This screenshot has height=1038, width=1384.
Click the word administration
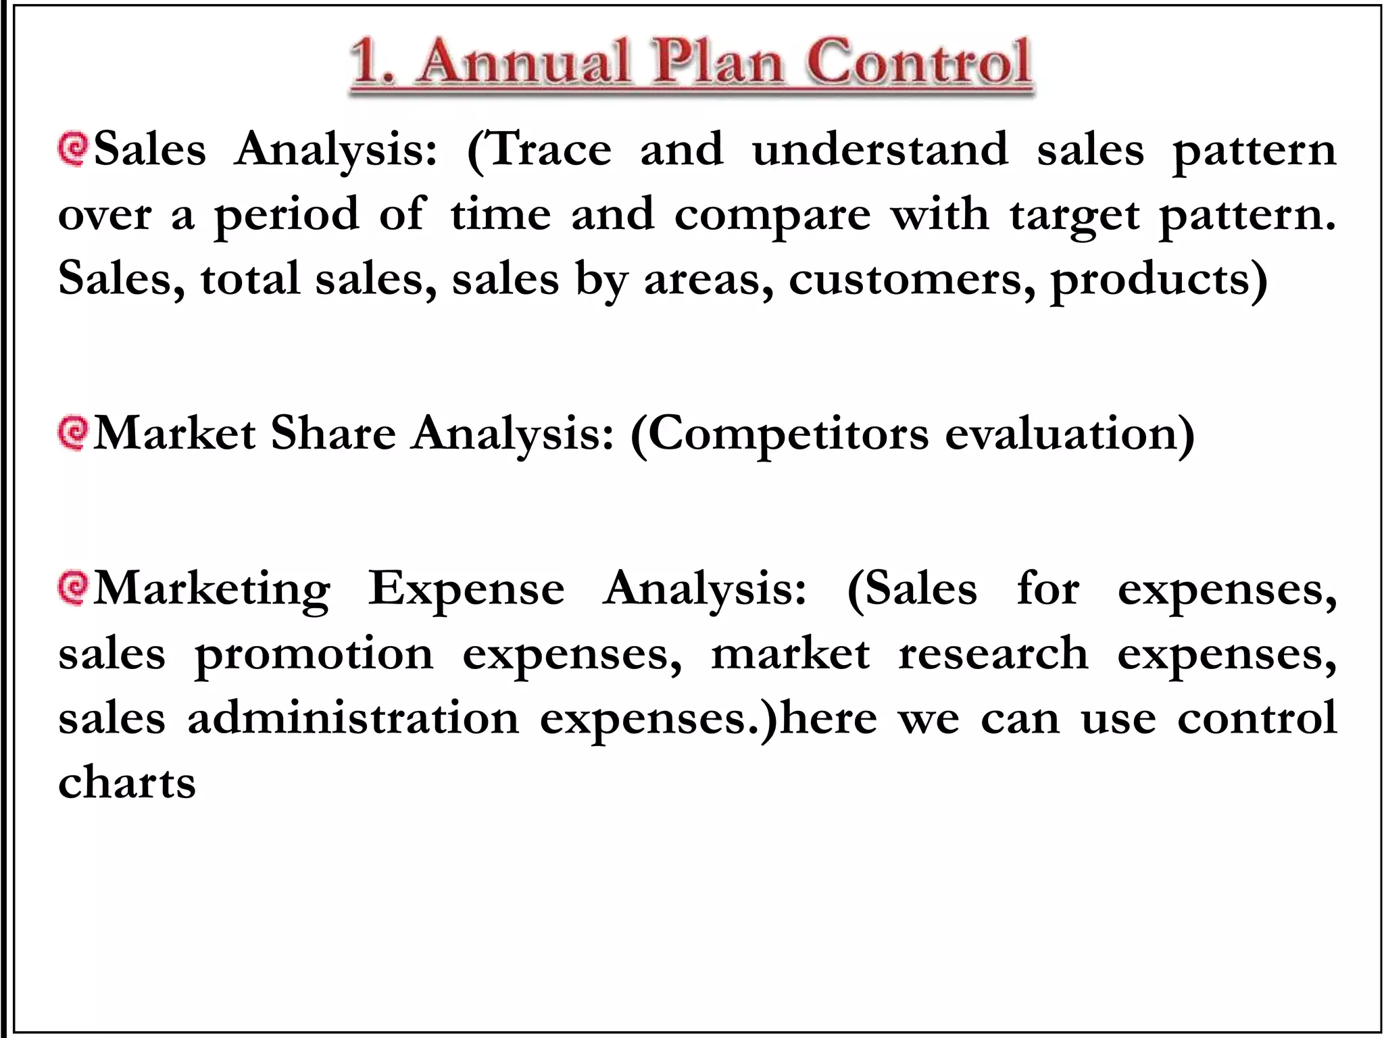coord(353,718)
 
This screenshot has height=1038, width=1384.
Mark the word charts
coord(127,783)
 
